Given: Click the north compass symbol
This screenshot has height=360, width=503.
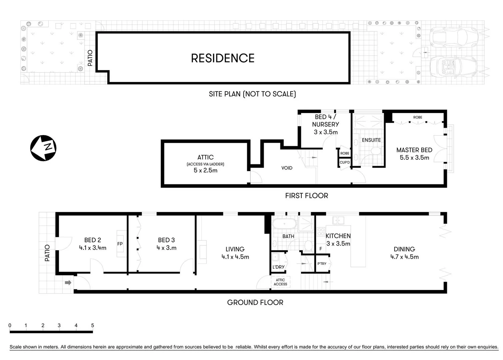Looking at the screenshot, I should click(43, 148).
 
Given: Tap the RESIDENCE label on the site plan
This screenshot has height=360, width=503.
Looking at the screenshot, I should click(223, 58).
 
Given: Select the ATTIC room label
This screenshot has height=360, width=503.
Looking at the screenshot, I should click(205, 157).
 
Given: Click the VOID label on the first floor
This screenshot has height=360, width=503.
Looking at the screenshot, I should click(287, 168).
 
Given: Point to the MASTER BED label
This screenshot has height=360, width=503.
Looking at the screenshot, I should click(414, 150).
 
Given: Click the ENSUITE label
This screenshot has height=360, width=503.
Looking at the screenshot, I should click(371, 140).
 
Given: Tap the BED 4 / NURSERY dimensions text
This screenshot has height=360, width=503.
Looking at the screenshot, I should click(326, 132).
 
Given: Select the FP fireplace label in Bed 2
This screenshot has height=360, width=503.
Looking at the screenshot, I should click(120, 244).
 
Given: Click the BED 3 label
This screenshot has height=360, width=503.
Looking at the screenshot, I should click(166, 240).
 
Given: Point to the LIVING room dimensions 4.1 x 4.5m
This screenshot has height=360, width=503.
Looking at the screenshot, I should click(235, 257).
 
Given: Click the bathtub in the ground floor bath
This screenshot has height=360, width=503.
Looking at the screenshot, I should click(284, 224).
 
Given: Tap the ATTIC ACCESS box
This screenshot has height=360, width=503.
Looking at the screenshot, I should click(280, 282).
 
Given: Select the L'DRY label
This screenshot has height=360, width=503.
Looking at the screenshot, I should click(278, 267).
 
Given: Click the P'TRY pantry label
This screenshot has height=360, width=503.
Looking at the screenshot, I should click(322, 264).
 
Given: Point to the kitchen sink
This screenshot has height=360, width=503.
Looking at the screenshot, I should click(338, 220).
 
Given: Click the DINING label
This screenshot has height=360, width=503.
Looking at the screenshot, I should click(404, 249).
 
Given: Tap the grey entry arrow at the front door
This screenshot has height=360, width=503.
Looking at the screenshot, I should click(68, 283).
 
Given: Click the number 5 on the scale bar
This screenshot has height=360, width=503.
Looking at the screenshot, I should click(92, 325).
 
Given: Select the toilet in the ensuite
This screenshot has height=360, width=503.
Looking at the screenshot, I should click(376, 152).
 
